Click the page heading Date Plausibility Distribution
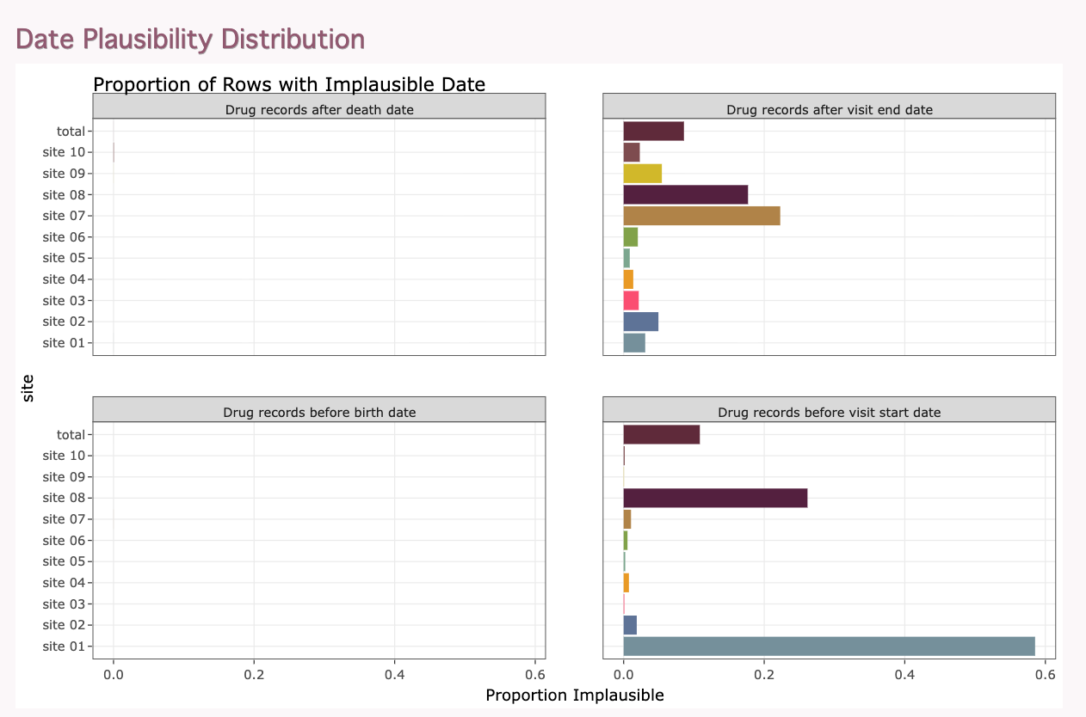click(x=190, y=40)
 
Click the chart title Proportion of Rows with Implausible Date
click(x=289, y=84)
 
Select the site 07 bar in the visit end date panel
click(x=701, y=216)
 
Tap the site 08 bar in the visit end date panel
click(x=686, y=195)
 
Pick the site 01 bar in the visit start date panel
click(x=829, y=647)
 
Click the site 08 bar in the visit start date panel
click(x=716, y=498)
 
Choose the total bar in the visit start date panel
click(x=661, y=434)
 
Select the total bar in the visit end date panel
click(x=653, y=132)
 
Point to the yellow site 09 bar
click(x=642, y=174)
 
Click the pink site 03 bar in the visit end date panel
click(x=631, y=300)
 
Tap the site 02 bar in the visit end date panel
click(x=641, y=322)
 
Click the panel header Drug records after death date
click(x=319, y=110)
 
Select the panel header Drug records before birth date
click(x=319, y=413)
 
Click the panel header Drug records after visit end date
click(x=829, y=110)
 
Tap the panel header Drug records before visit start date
click(x=829, y=413)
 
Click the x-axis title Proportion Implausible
click(x=575, y=696)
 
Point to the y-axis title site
click(x=28, y=388)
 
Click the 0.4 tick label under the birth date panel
click(x=395, y=674)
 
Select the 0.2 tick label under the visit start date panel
click(x=764, y=674)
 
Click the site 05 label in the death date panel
click(x=64, y=258)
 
